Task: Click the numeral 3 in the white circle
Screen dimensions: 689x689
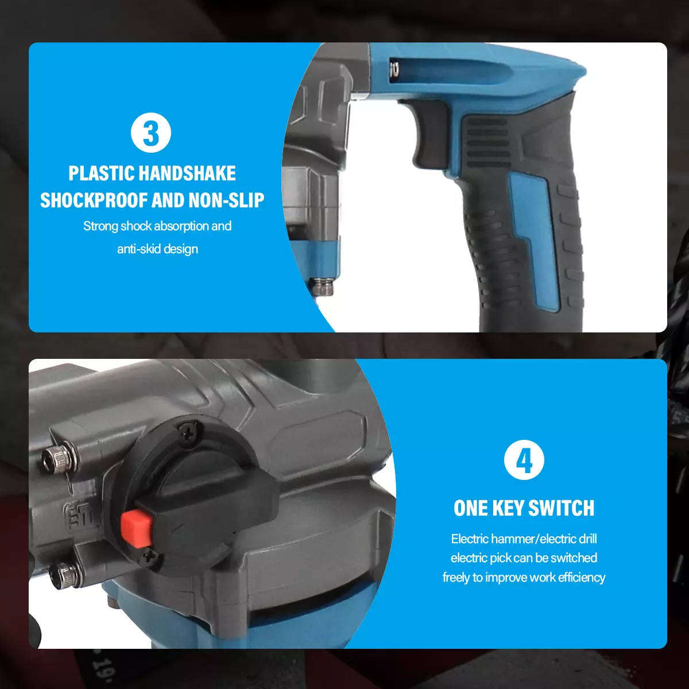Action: (151, 133)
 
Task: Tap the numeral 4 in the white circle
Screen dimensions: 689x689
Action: (524, 461)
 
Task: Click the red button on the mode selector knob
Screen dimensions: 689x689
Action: (136, 527)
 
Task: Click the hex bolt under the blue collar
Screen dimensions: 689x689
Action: (322, 285)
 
